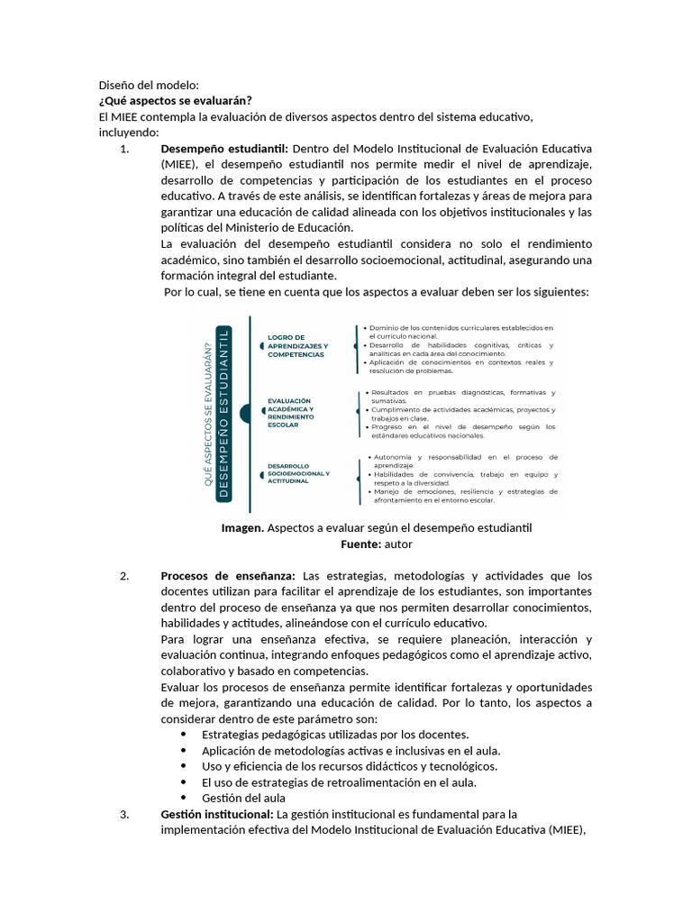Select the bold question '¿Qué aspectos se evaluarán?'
(176, 100)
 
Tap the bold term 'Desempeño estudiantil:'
(224, 149)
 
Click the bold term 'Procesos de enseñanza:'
(228, 575)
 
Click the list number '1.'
(125, 149)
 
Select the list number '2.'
(125, 575)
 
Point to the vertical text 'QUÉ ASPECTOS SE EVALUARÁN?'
(209, 415)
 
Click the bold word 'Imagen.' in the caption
(242, 528)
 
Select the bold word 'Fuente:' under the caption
(360, 544)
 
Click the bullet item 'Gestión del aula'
(243, 798)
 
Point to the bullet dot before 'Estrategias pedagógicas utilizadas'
(184, 735)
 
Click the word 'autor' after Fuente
(398, 544)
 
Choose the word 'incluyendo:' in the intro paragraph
(129, 133)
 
